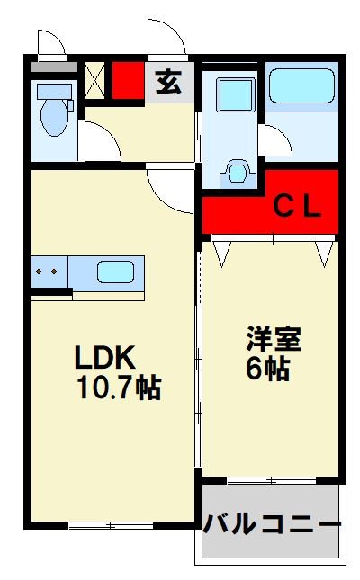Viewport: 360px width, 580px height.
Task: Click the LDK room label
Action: point(104,357)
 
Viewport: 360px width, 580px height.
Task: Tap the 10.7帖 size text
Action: point(120,388)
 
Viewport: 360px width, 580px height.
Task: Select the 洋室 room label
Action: point(274,338)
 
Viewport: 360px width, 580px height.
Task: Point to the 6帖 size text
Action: point(268,369)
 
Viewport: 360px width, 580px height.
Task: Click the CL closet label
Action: point(297,208)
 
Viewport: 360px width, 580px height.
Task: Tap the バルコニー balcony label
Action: point(272,524)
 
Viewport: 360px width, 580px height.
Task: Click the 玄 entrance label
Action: point(169,82)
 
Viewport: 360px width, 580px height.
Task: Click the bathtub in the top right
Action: point(302,85)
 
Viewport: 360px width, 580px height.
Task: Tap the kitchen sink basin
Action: point(115,272)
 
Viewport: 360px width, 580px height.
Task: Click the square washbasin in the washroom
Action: point(236,94)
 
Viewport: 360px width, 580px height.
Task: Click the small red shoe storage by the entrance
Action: point(128,80)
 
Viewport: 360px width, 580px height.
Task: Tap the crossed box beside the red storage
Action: point(95,80)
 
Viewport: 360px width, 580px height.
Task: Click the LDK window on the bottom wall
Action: point(111,525)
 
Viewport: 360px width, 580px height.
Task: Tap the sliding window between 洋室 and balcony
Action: point(272,481)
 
